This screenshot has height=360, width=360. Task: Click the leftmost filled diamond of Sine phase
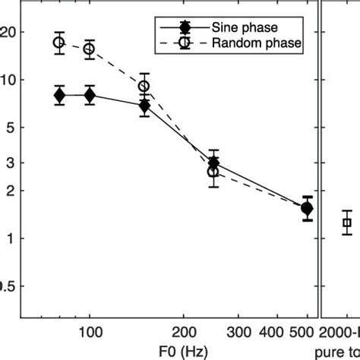coord(59,95)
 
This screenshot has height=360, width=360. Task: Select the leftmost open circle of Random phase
coord(59,43)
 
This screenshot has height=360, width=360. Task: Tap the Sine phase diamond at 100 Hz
coord(90,95)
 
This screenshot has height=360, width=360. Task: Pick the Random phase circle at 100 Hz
coord(90,49)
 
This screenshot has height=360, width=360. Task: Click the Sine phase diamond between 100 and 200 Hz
coord(144,106)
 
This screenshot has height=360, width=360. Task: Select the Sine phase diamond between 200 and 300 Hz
coord(213,163)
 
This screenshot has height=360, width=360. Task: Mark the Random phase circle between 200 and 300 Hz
coord(213,172)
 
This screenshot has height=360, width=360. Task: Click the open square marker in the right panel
coord(347,223)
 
